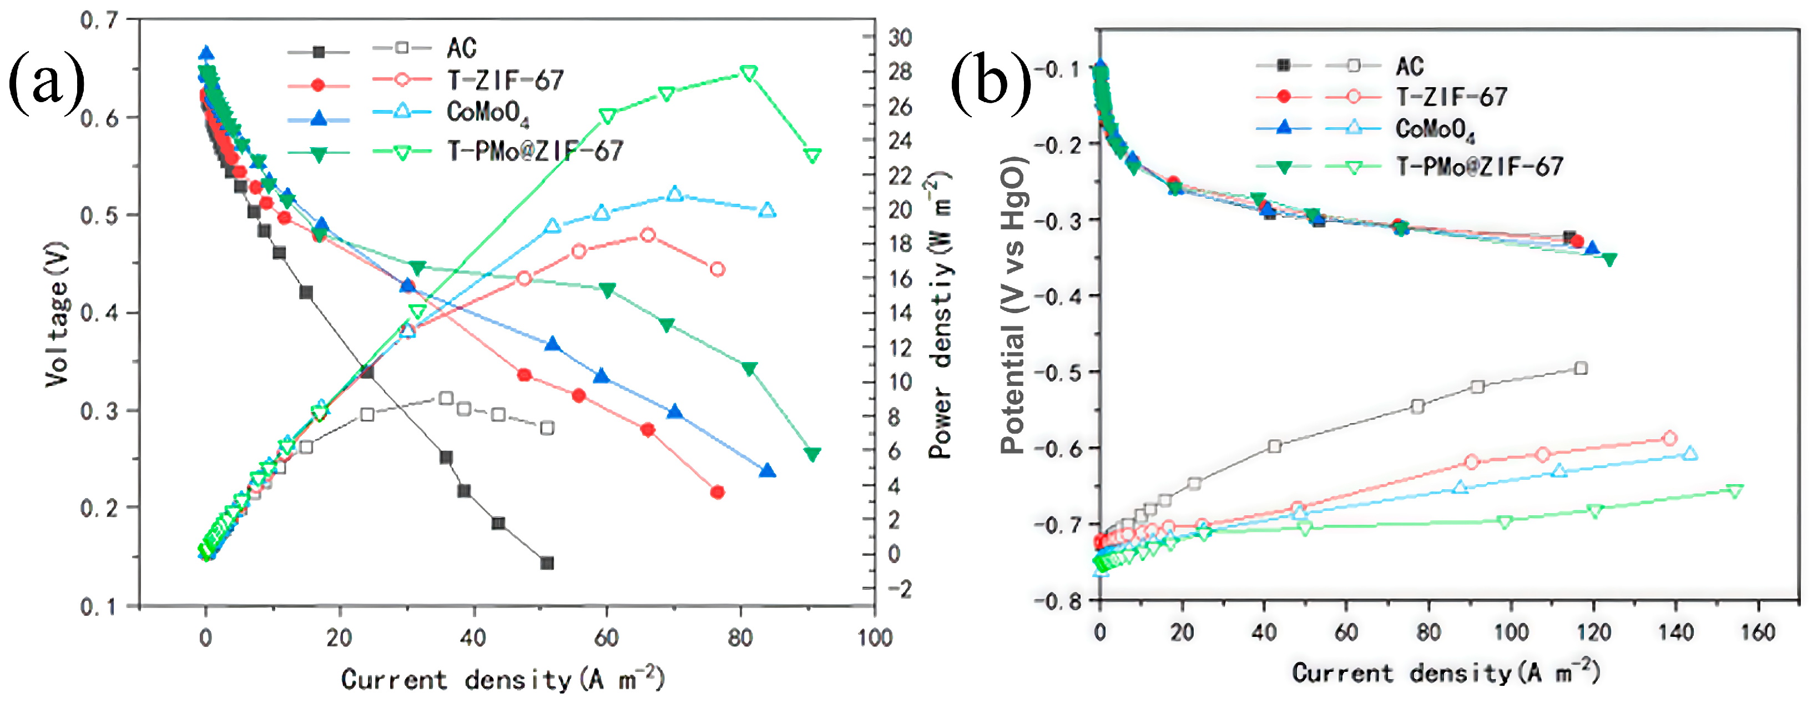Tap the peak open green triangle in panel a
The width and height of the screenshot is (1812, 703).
click(x=749, y=73)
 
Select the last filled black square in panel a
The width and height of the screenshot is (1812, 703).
click(x=547, y=563)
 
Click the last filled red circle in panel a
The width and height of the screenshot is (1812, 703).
click(x=718, y=492)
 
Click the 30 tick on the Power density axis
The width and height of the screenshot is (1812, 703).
click(x=899, y=37)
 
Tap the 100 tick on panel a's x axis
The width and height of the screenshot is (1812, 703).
click(x=874, y=637)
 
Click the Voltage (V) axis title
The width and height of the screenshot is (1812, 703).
click(x=56, y=314)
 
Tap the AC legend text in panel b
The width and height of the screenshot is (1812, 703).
click(x=1409, y=67)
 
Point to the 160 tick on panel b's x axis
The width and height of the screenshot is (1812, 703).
click(x=1757, y=632)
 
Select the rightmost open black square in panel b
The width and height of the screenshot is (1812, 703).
click(x=1581, y=368)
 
